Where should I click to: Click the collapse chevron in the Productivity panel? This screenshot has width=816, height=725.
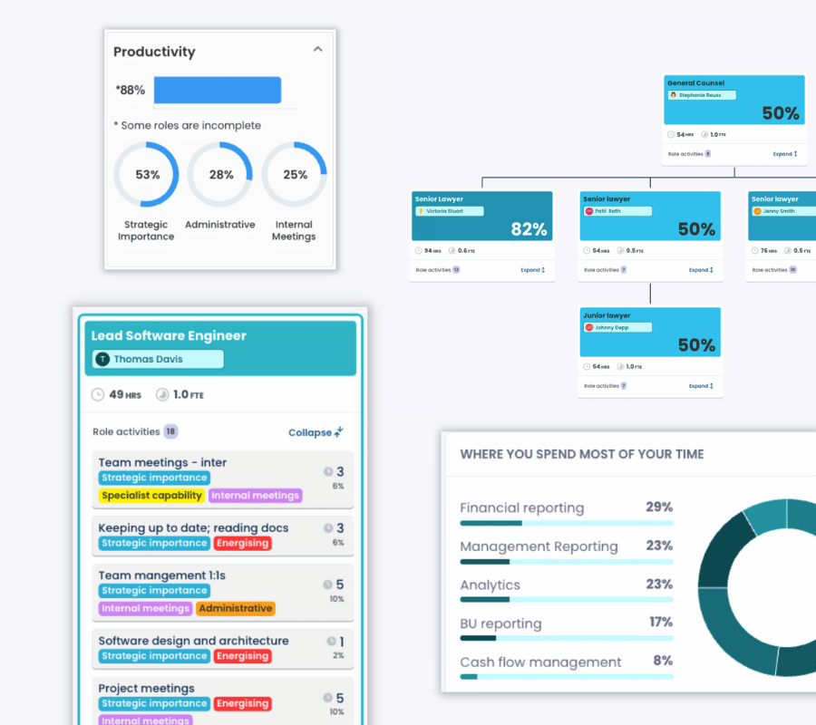[317, 50]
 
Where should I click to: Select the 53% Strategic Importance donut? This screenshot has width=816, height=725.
[147, 175]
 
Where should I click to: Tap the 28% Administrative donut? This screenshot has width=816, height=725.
[221, 175]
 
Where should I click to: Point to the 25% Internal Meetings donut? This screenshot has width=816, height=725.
[295, 175]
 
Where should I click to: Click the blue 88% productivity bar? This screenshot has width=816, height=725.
[218, 91]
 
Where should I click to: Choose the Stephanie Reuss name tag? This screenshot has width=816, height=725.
[701, 95]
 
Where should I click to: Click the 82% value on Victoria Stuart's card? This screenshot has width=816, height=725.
[529, 229]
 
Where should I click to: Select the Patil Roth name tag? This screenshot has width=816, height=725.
[617, 211]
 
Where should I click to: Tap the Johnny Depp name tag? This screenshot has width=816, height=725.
[617, 327]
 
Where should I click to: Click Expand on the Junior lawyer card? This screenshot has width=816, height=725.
[701, 386]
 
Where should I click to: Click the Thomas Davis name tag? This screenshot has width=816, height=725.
[158, 360]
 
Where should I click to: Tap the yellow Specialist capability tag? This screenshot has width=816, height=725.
[151, 496]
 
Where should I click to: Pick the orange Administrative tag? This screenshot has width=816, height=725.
[235, 609]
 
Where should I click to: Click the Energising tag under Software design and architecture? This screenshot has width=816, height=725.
[242, 656]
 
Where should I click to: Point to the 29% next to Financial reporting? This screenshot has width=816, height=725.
[658, 507]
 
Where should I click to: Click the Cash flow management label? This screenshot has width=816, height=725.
[540, 662]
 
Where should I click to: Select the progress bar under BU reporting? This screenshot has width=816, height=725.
[567, 638]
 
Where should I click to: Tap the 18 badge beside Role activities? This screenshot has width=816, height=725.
[170, 432]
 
